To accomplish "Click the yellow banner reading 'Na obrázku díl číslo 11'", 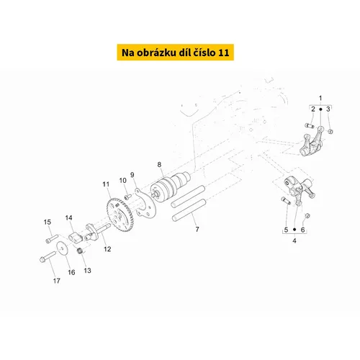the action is coord(176,52).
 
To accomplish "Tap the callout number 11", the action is coord(106,184).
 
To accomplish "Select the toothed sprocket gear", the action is coord(120,215).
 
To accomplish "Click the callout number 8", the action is coord(159,165).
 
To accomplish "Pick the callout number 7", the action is coord(197,230).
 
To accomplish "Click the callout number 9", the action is coord(132,175).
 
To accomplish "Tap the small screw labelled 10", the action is coord(127,197).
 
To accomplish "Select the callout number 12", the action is coord(107,249).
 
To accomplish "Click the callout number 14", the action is coord(68,217).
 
